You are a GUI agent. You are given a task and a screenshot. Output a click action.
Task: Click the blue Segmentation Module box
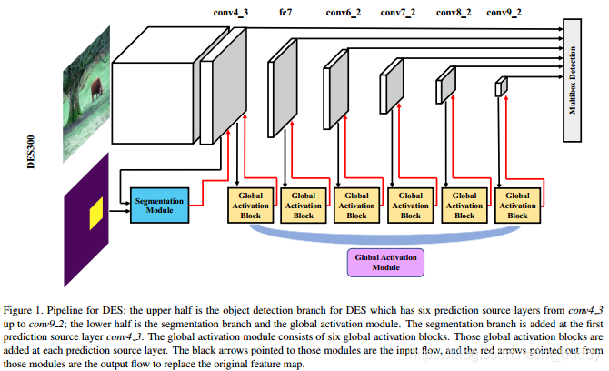159,206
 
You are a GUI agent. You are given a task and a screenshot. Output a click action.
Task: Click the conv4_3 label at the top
230,13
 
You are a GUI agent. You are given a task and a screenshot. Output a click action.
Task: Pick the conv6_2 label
343,13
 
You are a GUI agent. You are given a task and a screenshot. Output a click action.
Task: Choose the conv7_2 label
398,13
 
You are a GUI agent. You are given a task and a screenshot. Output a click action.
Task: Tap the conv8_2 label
454,13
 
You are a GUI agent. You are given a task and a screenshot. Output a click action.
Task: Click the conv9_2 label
505,13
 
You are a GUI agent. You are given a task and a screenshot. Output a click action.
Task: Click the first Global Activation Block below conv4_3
250,206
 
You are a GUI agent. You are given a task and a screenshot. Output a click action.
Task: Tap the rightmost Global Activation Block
517,206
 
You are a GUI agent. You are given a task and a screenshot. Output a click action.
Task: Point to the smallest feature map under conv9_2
500,88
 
